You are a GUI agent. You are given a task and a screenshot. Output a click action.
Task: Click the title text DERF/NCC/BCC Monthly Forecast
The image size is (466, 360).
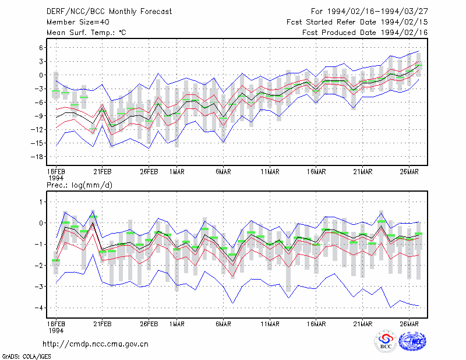pos(109,12)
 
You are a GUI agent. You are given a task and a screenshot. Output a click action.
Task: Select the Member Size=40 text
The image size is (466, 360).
pos(78,22)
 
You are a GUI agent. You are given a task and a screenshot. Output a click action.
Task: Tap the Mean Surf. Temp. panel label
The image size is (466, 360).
pos(86,33)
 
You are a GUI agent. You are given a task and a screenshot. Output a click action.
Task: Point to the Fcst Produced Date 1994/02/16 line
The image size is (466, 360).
pos(365,33)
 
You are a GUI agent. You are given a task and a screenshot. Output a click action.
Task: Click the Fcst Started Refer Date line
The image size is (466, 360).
pos(357,22)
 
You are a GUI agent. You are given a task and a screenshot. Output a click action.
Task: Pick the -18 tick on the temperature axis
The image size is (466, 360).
pos(37,157)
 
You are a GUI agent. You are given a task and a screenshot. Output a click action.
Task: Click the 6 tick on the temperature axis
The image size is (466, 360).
pos(41,48)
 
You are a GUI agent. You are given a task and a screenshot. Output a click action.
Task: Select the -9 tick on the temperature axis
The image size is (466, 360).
pos(39,116)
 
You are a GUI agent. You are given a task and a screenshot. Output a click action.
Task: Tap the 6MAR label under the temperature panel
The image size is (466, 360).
pos(224,172)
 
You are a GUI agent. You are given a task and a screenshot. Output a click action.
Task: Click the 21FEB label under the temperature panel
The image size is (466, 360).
pos(103,172)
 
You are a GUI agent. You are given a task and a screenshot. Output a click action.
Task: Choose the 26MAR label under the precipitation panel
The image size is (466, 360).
pos(409,324)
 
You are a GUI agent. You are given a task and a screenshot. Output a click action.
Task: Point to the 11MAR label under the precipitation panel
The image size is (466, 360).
pos(270,324)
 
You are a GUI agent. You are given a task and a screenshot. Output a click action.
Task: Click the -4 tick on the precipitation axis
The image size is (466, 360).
pos(39,308)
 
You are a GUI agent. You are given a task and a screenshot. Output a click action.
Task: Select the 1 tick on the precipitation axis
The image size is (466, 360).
pos(41,202)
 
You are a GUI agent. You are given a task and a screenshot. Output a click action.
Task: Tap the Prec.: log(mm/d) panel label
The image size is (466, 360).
pos(79,185)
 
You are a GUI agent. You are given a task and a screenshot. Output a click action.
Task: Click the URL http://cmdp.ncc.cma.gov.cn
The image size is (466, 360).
pos(96,344)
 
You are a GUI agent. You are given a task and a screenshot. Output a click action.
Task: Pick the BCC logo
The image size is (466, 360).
pos(386,341)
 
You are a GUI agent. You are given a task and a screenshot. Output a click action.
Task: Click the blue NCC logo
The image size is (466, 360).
pos(412,341)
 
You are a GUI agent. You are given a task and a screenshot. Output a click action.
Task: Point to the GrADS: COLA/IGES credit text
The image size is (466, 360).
pos(26,357)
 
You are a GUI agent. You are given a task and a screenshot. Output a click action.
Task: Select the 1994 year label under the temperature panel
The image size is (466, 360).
pos(56,178)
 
